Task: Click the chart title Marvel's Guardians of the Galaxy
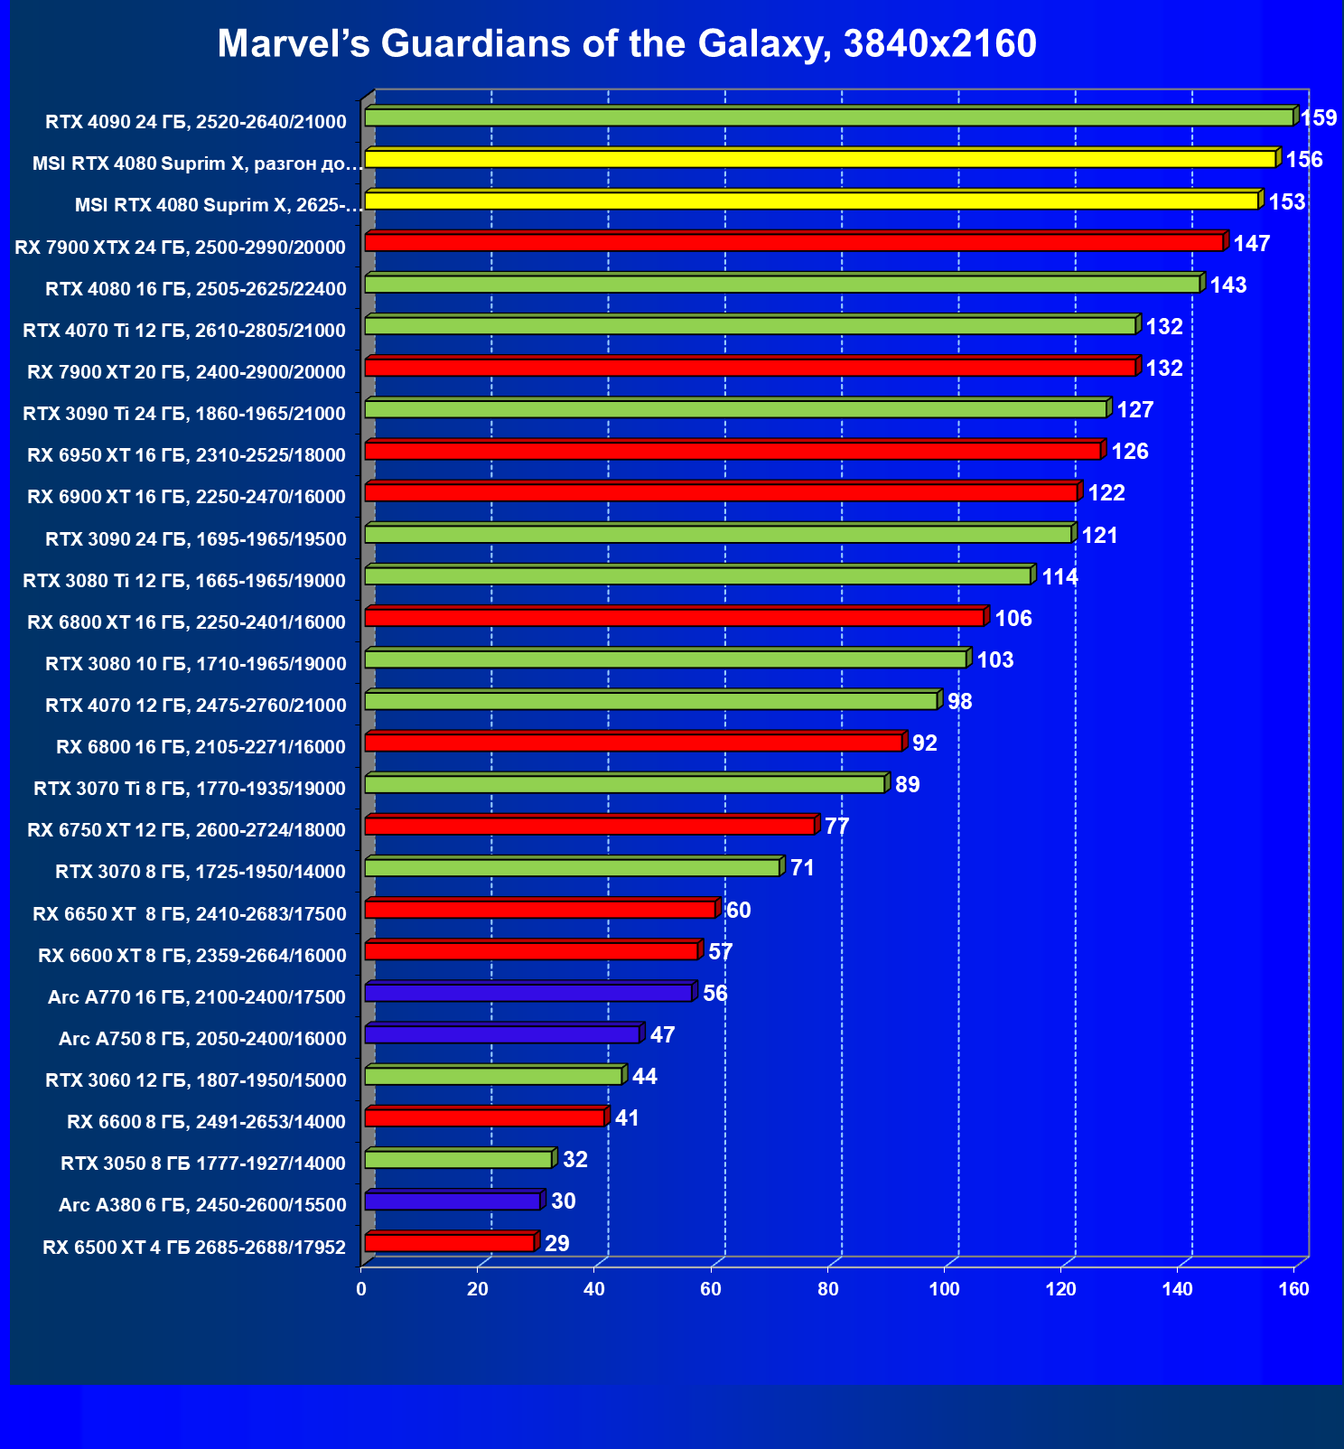pyautogui.click(x=627, y=43)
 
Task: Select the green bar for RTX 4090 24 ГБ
pyautogui.click(x=828, y=117)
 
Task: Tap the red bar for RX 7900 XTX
pyautogui.click(x=794, y=242)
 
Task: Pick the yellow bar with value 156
pyautogui.click(x=819, y=159)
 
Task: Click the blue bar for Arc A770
pyautogui.click(x=528, y=993)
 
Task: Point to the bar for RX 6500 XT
pyautogui.click(x=449, y=1243)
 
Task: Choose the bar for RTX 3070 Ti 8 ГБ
pyautogui.click(x=625, y=784)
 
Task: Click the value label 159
pyautogui.click(x=1319, y=117)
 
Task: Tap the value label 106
pyautogui.click(x=1013, y=618)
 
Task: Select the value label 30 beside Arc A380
pyautogui.click(x=563, y=1201)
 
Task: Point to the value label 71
pyautogui.click(x=802, y=868)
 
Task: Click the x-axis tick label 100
pyautogui.click(x=945, y=1289)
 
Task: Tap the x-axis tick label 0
pyautogui.click(x=361, y=1289)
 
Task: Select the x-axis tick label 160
pyautogui.click(x=1294, y=1289)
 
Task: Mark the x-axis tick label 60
pyautogui.click(x=711, y=1289)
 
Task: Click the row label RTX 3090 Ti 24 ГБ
pyautogui.click(x=184, y=414)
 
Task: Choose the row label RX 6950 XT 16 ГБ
pyautogui.click(x=187, y=455)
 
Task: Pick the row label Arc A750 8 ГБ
pyautogui.click(x=202, y=1039)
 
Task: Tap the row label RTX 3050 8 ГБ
pyautogui.click(x=203, y=1164)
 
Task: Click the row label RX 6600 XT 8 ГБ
pyautogui.click(x=192, y=956)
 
